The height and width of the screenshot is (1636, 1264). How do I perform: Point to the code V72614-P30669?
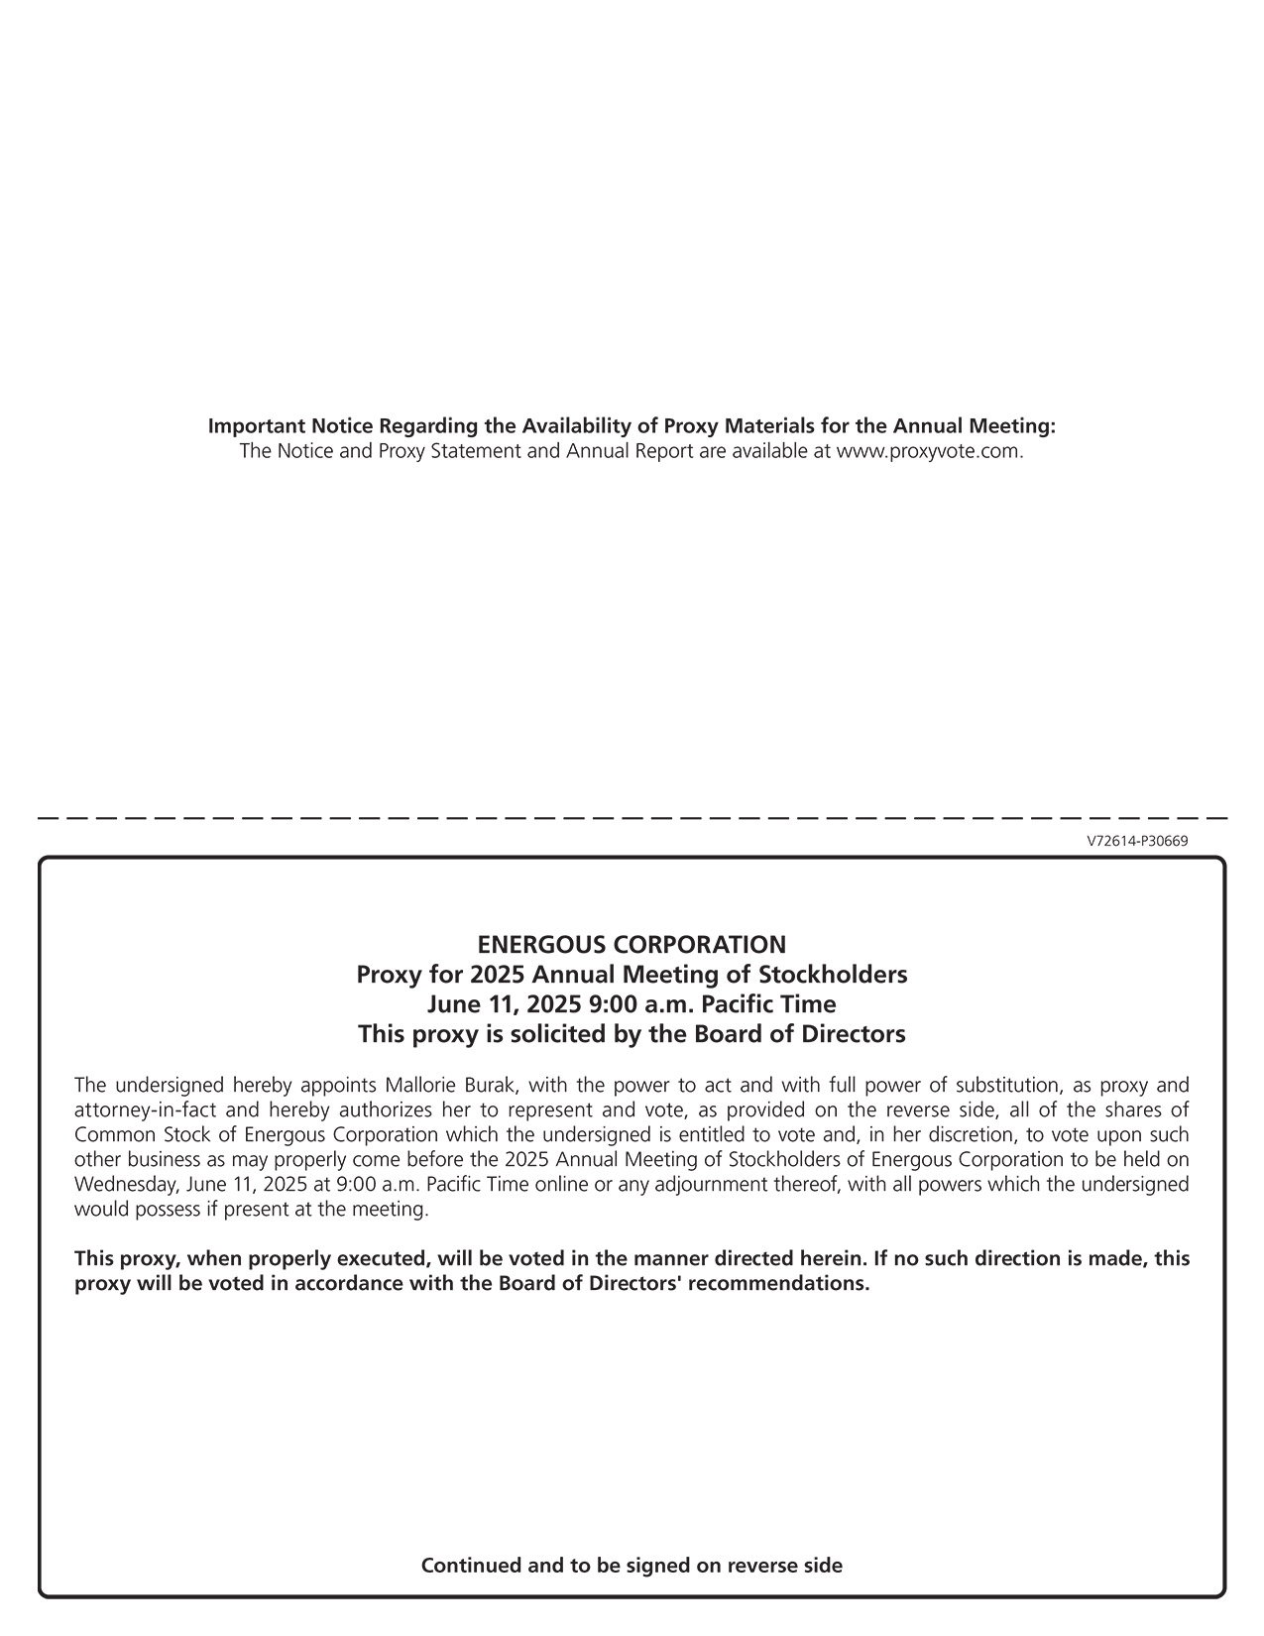[x=1137, y=841]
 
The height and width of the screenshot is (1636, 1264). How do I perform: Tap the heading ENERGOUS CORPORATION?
[x=632, y=944]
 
